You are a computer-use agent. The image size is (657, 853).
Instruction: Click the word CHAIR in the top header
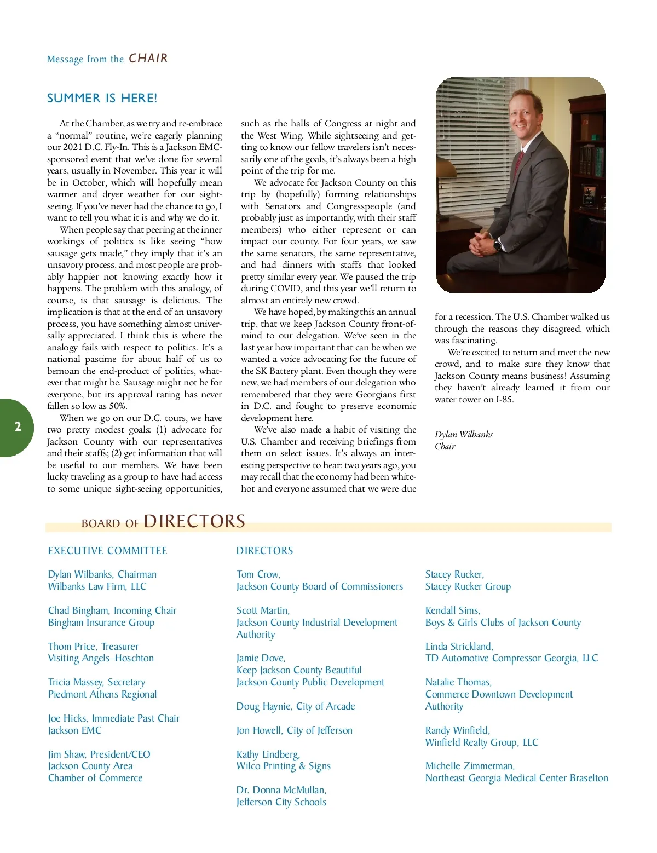148,59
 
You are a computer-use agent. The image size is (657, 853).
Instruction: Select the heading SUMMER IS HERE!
102,99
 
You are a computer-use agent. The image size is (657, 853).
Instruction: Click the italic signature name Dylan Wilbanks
464,435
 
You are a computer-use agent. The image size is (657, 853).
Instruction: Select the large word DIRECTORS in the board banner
194,521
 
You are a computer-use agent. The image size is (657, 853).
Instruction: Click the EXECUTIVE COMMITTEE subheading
108,551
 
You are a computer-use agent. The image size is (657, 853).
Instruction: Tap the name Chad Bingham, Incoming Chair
112,610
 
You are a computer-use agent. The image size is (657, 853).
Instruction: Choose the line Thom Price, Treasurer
94,647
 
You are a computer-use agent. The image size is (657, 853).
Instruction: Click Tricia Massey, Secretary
97,682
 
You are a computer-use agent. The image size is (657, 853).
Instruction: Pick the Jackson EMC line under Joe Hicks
75,730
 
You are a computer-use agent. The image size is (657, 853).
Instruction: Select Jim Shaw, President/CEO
99,754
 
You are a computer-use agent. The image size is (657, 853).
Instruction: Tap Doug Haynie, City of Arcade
296,706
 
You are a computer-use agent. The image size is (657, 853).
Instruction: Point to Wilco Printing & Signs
284,766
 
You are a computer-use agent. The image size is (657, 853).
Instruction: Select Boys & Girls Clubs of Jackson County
503,623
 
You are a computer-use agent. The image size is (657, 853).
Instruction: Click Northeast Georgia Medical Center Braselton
517,778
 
